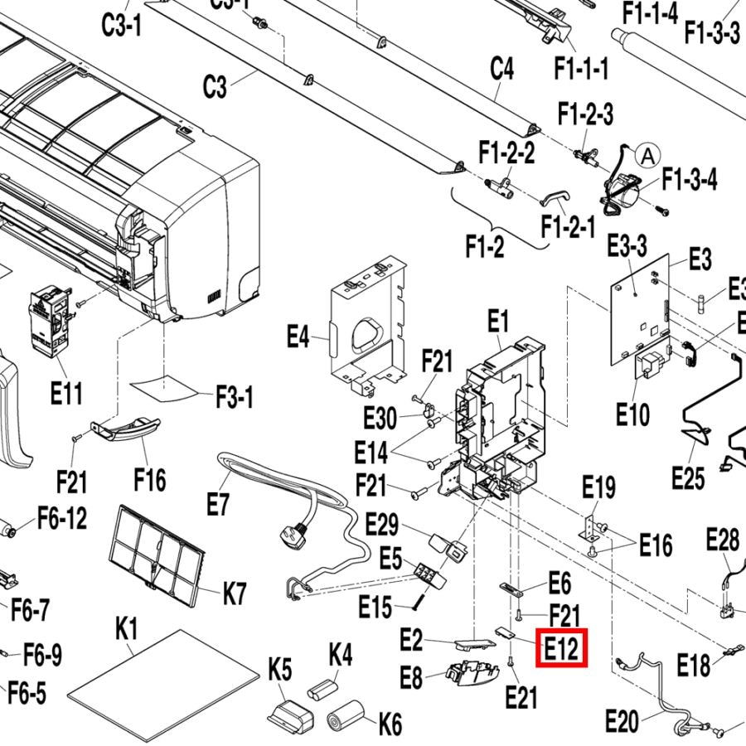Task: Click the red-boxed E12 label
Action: click(x=564, y=647)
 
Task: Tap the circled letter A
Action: click(x=647, y=155)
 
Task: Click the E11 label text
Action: click(x=66, y=393)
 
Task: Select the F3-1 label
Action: click(x=235, y=398)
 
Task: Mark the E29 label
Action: click(x=382, y=525)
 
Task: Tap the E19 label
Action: click(x=598, y=487)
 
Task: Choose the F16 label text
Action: click(x=149, y=479)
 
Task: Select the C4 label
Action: click(x=502, y=69)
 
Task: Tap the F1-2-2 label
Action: click(x=506, y=153)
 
